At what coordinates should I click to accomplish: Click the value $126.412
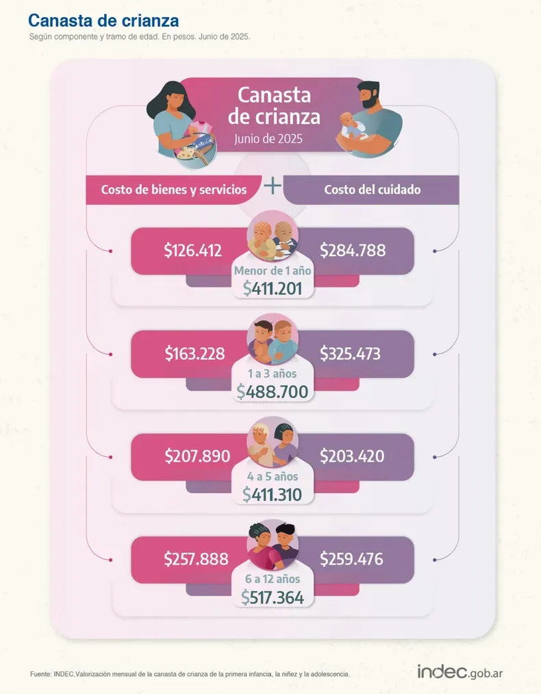193,251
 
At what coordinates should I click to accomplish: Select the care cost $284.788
353,251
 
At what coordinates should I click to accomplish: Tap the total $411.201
273,288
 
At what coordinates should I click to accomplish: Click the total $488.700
273,391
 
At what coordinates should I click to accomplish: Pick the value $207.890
197,456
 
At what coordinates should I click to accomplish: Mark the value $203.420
352,456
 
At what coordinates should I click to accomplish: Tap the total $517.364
273,597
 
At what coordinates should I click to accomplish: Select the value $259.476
352,559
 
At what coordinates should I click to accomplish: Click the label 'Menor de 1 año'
273,271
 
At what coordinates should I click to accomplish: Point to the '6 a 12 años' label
273,580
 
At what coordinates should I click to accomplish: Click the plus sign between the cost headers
273,186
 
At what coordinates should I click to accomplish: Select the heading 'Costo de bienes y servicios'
174,190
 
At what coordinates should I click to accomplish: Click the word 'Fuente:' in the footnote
40,674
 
